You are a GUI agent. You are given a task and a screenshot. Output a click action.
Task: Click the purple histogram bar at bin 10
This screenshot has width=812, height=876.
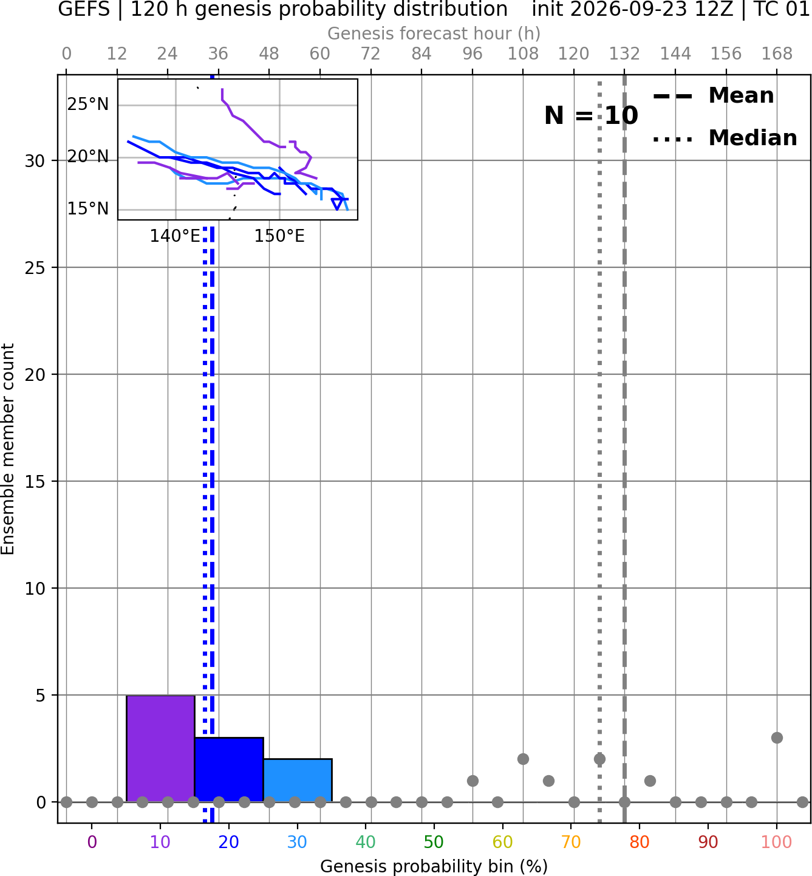[160, 748]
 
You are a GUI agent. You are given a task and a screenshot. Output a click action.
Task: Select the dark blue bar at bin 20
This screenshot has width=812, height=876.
[229, 770]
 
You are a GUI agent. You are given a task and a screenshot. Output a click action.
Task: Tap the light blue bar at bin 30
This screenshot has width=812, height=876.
[298, 780]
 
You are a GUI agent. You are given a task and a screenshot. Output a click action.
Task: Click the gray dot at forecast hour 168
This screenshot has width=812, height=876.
[777, 737]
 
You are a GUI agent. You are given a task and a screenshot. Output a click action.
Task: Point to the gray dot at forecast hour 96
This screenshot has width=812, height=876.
[473, 781]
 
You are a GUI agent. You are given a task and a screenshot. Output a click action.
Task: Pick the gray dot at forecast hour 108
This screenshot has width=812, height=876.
[523, 759]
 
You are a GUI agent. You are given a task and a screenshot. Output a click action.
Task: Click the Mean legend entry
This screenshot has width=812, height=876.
[713, 96]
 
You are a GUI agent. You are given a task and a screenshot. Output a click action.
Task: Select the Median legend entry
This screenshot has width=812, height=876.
[725, 138]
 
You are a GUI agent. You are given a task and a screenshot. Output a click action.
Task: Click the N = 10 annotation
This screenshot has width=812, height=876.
[591, 115]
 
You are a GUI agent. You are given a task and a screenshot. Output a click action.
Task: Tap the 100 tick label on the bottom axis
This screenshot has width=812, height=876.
[776, 842]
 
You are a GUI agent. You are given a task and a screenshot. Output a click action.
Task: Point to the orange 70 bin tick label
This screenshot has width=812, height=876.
[571, 842]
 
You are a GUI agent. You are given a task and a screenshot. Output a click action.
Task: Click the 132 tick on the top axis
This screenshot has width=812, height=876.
[624, 54]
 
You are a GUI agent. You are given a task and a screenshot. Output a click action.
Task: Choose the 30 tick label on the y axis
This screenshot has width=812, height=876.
[35, 161]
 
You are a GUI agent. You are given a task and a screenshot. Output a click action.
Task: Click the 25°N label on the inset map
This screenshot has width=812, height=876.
[88, 104]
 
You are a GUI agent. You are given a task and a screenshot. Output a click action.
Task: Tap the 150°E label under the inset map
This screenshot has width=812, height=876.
[279, 236]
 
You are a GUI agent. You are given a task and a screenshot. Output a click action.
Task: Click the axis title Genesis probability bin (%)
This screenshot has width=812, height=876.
[434, 866]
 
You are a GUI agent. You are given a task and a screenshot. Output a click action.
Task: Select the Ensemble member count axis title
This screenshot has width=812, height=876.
[7, 449]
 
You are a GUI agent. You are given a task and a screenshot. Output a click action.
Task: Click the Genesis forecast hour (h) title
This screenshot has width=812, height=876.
[434, 33]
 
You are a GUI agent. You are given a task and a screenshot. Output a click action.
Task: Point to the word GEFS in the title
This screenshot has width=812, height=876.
[84, 9]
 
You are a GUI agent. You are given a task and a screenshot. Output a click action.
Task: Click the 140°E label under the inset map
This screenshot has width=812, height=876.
[175, 236]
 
